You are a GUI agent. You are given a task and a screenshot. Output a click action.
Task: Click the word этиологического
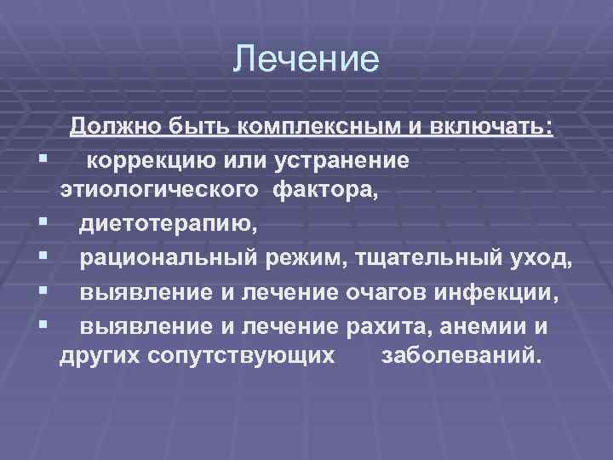click(x=162, y=192)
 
